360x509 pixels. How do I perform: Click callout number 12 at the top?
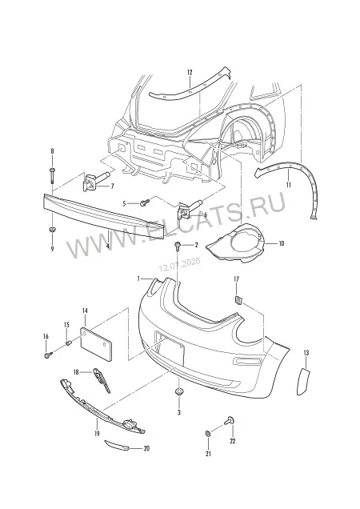coord(190,72)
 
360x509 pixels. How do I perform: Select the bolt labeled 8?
coord(52,175)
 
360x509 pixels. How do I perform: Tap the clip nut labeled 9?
coord(52,230)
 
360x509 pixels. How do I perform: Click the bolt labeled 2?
coord(178,246)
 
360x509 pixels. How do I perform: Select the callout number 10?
coord(281,243)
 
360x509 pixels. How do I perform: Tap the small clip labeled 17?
coord(238,300)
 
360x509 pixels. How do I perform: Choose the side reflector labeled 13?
coord(303,381)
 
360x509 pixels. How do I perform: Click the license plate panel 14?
coord(97,344)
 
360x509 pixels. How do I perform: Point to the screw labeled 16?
coord(48,355)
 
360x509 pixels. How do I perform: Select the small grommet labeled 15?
coord(68,343)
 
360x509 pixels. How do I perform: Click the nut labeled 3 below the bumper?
coord(178,392)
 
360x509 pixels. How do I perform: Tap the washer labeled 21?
coord(208,433)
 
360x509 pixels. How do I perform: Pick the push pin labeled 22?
coord(230,421)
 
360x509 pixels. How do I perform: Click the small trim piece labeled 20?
coord(117,446)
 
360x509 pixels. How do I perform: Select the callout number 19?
coord(97,433)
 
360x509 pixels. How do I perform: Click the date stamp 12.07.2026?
coord(179,265)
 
